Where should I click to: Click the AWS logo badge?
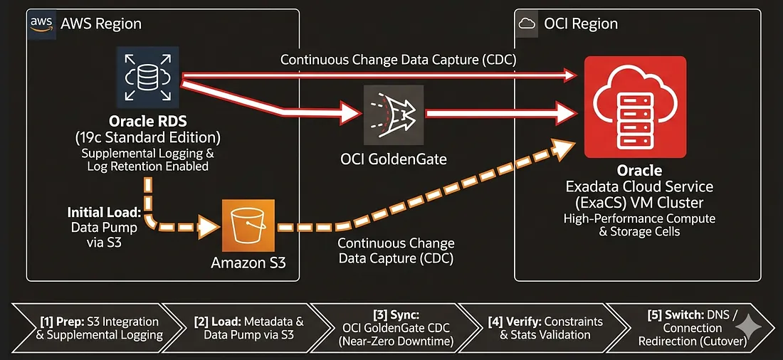[42, 23]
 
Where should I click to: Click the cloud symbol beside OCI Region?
[527, 23]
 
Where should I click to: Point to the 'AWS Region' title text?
[101, 23]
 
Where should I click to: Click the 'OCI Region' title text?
[581, 23]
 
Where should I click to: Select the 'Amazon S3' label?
[248, 263]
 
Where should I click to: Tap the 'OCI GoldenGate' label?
[393, 159]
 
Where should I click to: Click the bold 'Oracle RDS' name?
[147, 122]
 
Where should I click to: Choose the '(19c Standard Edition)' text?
[147, 137]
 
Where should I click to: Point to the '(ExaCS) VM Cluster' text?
[635, 203]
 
